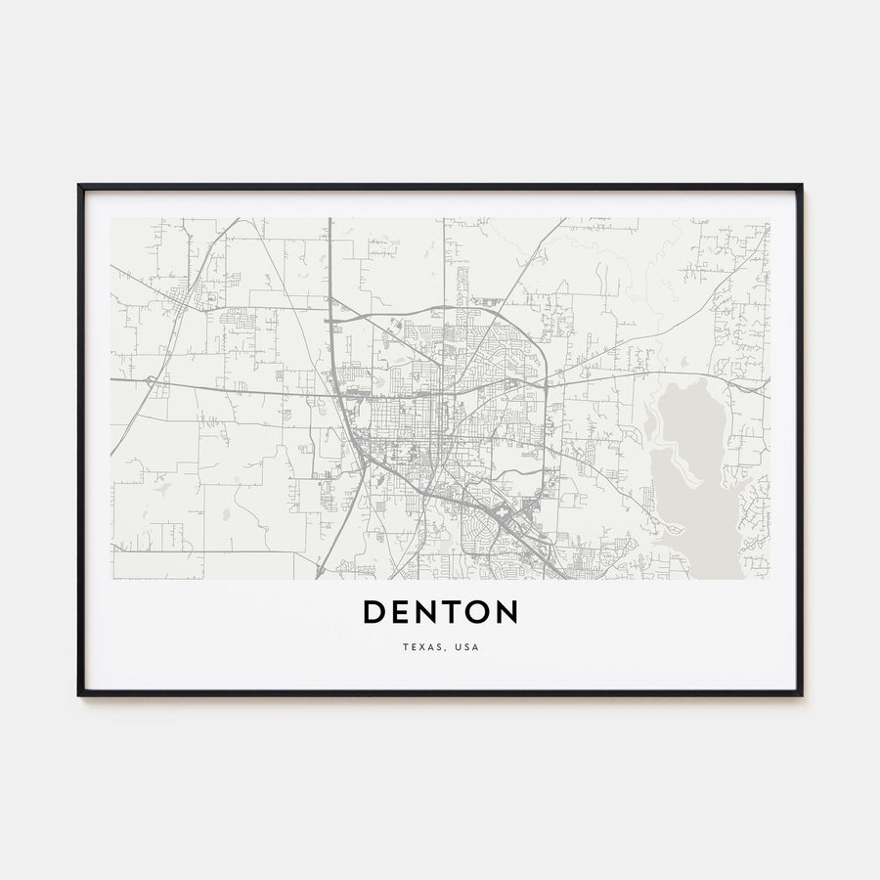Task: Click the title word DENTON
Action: click(440, 612)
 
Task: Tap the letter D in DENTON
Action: click(375, 612)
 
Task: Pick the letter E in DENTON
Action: click(401, 612)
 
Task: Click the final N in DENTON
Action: click(506, 612)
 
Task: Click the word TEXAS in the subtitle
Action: click(419, 647)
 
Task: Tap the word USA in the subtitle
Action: click(466, 647)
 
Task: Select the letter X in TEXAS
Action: click(419, 647)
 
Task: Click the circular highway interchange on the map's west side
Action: click(150, 379)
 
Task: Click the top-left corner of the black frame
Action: click(79, 185)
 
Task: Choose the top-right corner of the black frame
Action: click(801, 185)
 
